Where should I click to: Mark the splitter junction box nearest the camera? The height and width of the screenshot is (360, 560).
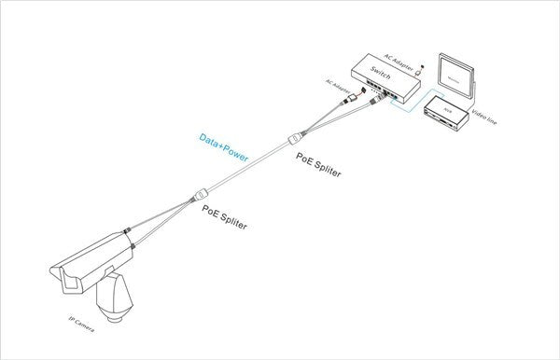[x=199, y=196]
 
